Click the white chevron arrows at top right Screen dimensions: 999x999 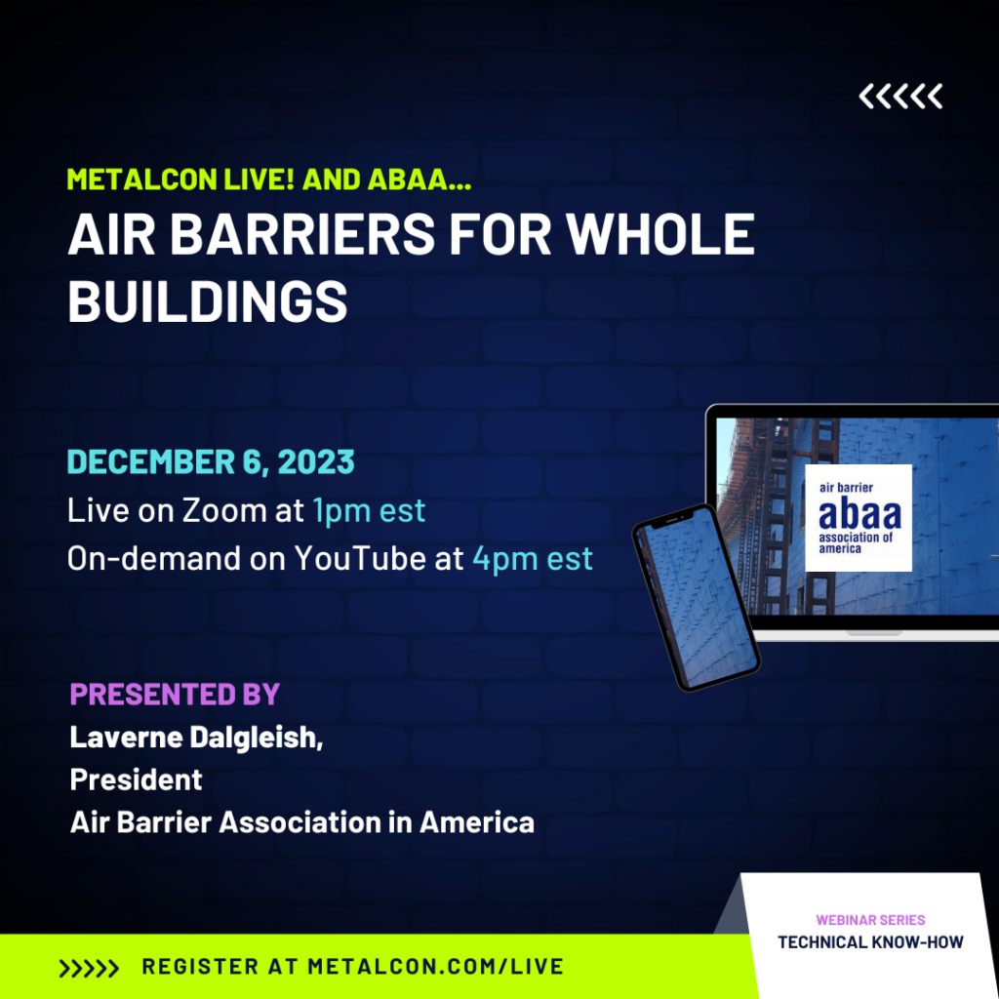[900, 97]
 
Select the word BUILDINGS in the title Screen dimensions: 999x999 [208, 301]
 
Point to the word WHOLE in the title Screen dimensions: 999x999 [660, 234]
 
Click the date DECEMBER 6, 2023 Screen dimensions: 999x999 [211, 461]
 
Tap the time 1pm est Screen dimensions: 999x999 [369, 510]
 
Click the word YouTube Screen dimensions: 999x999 [360, 558]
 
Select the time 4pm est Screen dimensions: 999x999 [533, 559]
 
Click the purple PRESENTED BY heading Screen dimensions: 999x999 [175, 695]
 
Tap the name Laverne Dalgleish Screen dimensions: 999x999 [196, 738]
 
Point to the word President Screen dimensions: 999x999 [136, 779]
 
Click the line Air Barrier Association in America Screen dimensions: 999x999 [302, 821]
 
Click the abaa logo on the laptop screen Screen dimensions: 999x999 [859, 518]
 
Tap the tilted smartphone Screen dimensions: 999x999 [696, 598]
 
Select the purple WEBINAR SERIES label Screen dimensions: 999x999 [870, 920]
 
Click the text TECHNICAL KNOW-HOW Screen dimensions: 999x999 [870, 942]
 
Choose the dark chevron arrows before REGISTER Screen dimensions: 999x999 [89, 969]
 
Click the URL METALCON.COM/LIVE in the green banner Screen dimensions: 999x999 [436, 967]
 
